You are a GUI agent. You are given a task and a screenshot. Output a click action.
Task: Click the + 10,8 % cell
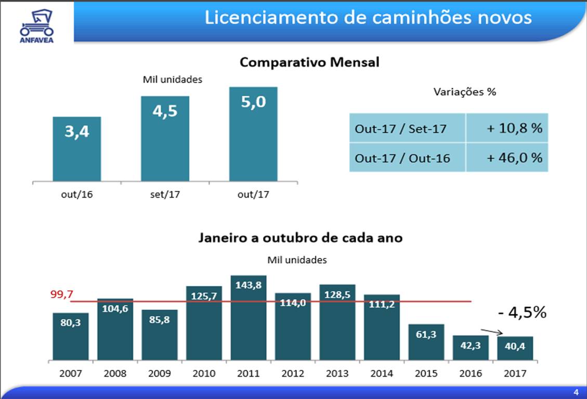point(507,128)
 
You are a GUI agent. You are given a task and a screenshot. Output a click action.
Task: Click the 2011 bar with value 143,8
point(249,317)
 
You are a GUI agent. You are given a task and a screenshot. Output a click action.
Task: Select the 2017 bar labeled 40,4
point(515,348)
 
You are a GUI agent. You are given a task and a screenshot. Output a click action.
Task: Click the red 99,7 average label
point(61,295)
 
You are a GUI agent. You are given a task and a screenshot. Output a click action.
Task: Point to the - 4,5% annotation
point(521,312)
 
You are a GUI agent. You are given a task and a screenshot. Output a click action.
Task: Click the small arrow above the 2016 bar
point(492,332)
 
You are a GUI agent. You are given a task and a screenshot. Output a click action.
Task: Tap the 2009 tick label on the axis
point(160,374)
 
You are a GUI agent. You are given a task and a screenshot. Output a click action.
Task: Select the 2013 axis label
point(337,374)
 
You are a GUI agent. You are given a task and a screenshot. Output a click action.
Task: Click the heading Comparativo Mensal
point(309,63)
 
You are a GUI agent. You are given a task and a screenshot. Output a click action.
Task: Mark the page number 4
point(576,392)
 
